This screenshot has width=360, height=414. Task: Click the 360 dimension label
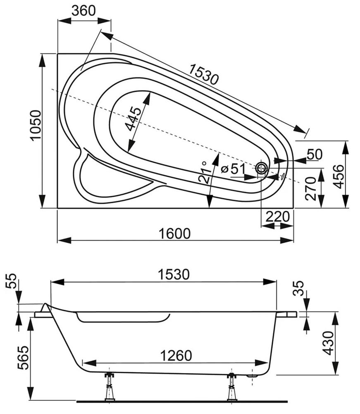pyautogui.click(x=83, y=11)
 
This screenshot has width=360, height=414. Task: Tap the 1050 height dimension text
pyautogui.click(x=36, y=126)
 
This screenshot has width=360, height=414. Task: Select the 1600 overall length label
pyautogui.click(x=174, y=234)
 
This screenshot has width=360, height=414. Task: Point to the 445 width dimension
pyautogui.click(x=134, y=119)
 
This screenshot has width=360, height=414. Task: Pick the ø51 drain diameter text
pyautogui.click(x=233, y=169)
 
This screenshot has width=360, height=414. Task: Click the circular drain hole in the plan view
pyautogui.click(x=262, y=168)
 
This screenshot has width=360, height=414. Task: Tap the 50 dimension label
pyautogui.click(x=315, y=155)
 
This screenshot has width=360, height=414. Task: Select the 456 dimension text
pyautogui.click(x=339, y=176)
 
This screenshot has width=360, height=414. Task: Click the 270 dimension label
pyautogui.click(x=311, y=189)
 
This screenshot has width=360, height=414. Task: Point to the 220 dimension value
pyautogui.click(x=277, y=217)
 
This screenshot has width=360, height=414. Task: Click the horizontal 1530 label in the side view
pyautogui.click(x=174, y=274)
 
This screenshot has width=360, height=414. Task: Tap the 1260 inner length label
pyautogui.click(x=176, y=356)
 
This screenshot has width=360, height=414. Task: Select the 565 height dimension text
pyautogui.click(x=23, y=358)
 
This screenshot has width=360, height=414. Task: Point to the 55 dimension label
pyautogui.click(x=12, y=281)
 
